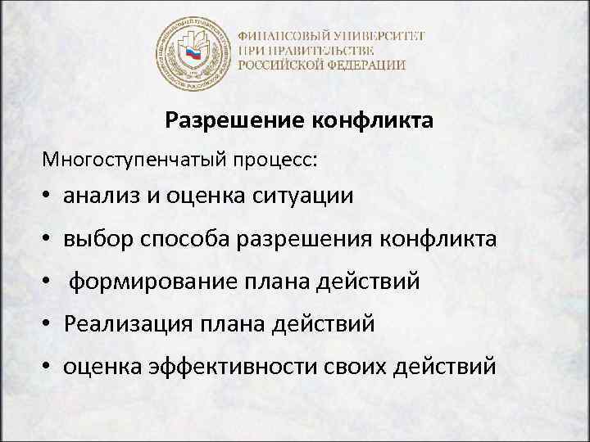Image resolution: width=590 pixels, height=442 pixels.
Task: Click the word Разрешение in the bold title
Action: pyautogui.click(x=234, y=121)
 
